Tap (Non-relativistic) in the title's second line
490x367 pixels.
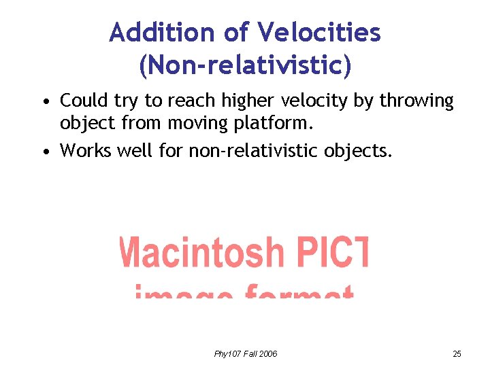pos(245,65)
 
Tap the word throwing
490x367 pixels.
pos(416,102)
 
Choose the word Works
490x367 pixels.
pos(84,150)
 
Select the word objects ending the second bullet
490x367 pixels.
pos(361,151)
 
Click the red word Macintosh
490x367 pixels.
pos(201,252)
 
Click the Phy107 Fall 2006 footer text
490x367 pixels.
pos(245,353)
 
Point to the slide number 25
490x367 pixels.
pos(457,353)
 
